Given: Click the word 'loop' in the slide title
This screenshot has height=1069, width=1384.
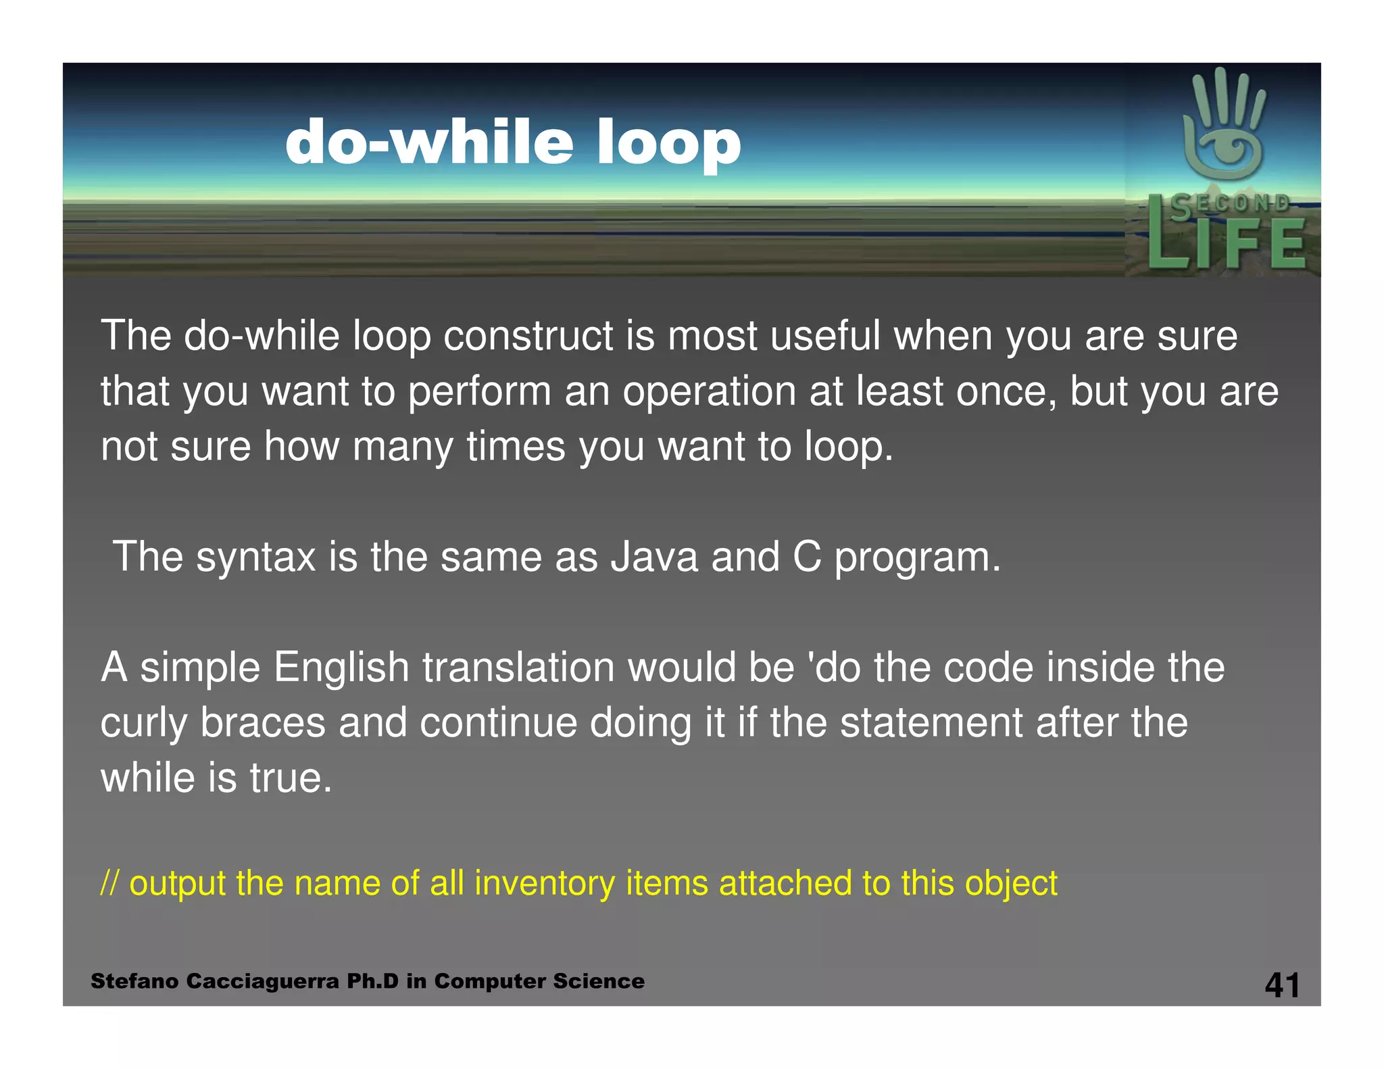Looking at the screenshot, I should point(668,143).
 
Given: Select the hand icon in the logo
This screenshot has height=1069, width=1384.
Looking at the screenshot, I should point(1224,125).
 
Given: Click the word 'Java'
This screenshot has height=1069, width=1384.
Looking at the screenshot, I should point(653,557).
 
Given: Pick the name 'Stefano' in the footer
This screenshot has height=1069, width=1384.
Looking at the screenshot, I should point(134,981).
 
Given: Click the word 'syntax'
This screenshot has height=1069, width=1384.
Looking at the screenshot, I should point(255,558).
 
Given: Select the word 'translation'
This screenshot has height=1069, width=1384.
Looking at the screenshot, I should point(518,668).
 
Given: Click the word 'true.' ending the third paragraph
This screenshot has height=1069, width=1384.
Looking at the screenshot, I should point(291,778).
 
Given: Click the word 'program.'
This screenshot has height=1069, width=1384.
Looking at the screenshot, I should point(917,558).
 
